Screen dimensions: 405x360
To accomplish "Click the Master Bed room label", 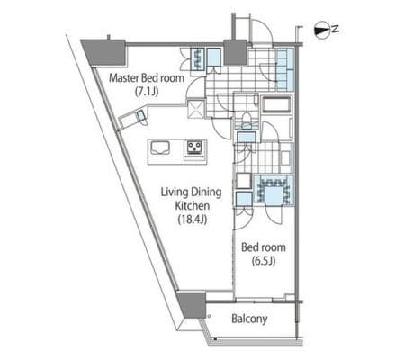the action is pos(147,78).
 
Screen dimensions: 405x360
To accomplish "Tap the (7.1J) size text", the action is pos(147,92).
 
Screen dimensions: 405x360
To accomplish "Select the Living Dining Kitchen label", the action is pos(192,199).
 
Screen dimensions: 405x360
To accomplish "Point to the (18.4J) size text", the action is pos(193,220).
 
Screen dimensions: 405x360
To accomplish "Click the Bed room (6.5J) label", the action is pos(264,254).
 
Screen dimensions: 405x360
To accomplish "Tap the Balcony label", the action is pos(249,319).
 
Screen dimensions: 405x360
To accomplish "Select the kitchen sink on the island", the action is pos(160,148).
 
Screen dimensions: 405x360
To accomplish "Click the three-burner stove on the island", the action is pos(194,148).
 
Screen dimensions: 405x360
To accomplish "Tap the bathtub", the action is pos(276,104).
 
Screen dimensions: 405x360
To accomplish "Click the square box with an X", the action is pos(196,109).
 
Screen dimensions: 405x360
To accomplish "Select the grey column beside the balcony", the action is pos(192,304).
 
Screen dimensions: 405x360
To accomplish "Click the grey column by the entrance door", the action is pos(236,52).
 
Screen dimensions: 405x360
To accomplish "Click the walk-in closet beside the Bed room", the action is pos(274,191).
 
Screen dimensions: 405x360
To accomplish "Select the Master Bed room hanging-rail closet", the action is pos(198,59).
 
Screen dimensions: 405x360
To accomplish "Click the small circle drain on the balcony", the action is pos(210,316).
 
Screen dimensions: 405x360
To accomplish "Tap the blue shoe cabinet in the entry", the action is pos(284,69).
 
